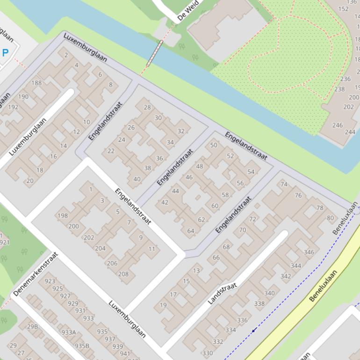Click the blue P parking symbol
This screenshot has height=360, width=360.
click(x=5, y=53)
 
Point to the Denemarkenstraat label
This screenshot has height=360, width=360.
click(x=36, y=274)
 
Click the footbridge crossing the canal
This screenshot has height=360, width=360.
click(x=155, y=53)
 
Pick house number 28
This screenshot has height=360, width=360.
click(x=147, y=108)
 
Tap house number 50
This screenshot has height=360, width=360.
click(x=214, y=145)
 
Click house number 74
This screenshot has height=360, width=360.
click(x=284, y=184)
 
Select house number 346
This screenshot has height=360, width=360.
click(x=309, y=252)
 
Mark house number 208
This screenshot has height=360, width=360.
click(x=123, y=274)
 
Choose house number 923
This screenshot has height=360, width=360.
click(x=50, y=281)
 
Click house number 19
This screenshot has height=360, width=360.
click(x=163, y=305)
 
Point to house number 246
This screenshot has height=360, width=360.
click(x=337, y=125)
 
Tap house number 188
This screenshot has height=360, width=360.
click(x=36, y=83)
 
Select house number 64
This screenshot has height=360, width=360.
click(x=191, y=230)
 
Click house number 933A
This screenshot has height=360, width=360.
click(x=69, y=332)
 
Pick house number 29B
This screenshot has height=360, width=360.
click(x=32, y=326)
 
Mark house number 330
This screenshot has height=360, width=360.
click(x=207, y=353)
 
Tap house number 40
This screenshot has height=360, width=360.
click(x=137, y=179)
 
